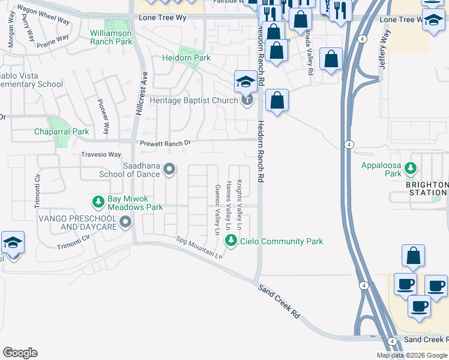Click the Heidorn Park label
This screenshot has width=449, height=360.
click(x=186, y=58)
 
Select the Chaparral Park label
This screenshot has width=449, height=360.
click(x=61, y=131)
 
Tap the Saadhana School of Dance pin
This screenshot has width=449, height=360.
click(x=169, y=170)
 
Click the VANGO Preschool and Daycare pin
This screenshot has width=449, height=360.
click(x=125, y=223)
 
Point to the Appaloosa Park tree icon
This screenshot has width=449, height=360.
click(x=411, y=169)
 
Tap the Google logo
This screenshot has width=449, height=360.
click(x=20, y=353)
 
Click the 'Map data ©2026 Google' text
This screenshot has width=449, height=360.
click(x=412, y=355)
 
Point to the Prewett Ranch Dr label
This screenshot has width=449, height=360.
click(x=165, y=143)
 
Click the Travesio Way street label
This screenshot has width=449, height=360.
click(x=101, y=154)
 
